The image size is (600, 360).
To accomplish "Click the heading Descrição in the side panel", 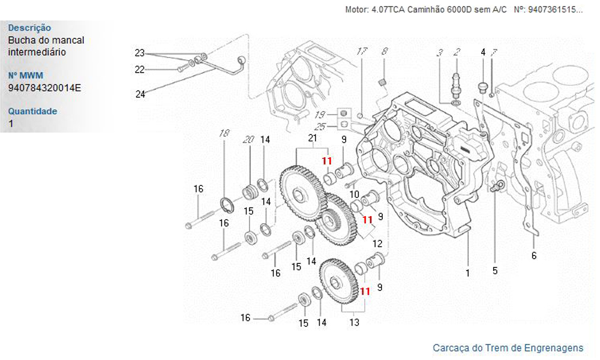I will (x=29, y=28).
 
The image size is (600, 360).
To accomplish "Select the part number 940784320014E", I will (x=44, y=88).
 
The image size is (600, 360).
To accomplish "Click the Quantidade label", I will (x=32, y=111).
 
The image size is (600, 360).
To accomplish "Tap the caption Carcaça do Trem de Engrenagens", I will (x=508, y=348).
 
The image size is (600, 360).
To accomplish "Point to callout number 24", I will (x=140, y=94).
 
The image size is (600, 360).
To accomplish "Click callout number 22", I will (x=140, y=70).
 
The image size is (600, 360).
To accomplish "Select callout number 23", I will (x=140, y=52).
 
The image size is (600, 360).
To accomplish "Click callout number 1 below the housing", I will (x=467, y=273).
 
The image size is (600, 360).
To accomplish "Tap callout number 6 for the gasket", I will (x=534, y=256).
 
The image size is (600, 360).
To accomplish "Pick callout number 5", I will (x=495, y=271).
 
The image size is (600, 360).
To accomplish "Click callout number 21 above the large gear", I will (x=312, y=139).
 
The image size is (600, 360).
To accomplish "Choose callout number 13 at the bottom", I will (x=354, y=322).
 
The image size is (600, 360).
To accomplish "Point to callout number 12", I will (x=377, y=244).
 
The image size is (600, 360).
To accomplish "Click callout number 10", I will (x=354, y=194).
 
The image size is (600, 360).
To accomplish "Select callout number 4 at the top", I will (x=482, y=52).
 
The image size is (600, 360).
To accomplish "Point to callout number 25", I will (x=320, y=127).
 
